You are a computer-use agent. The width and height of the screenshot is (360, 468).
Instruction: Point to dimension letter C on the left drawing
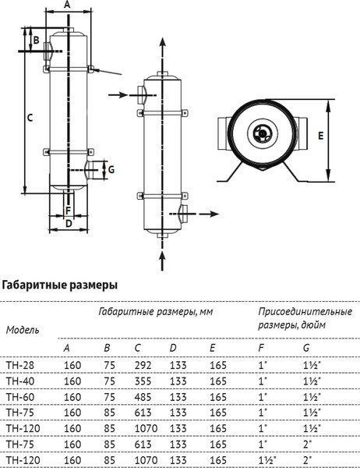(x=29, y=118)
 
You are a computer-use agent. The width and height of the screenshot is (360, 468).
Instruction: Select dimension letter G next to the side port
(x=111, y=168)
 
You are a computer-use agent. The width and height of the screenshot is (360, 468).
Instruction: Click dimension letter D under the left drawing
(x=68, y=224)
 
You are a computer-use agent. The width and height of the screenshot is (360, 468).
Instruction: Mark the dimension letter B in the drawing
(x=36, y=41)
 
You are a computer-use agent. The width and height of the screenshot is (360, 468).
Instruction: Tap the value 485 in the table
(x=142, y=396)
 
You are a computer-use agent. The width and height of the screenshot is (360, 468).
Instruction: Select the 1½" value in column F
(x=266, y=461)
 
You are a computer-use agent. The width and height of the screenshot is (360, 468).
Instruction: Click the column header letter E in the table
(x=213, y=348)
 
